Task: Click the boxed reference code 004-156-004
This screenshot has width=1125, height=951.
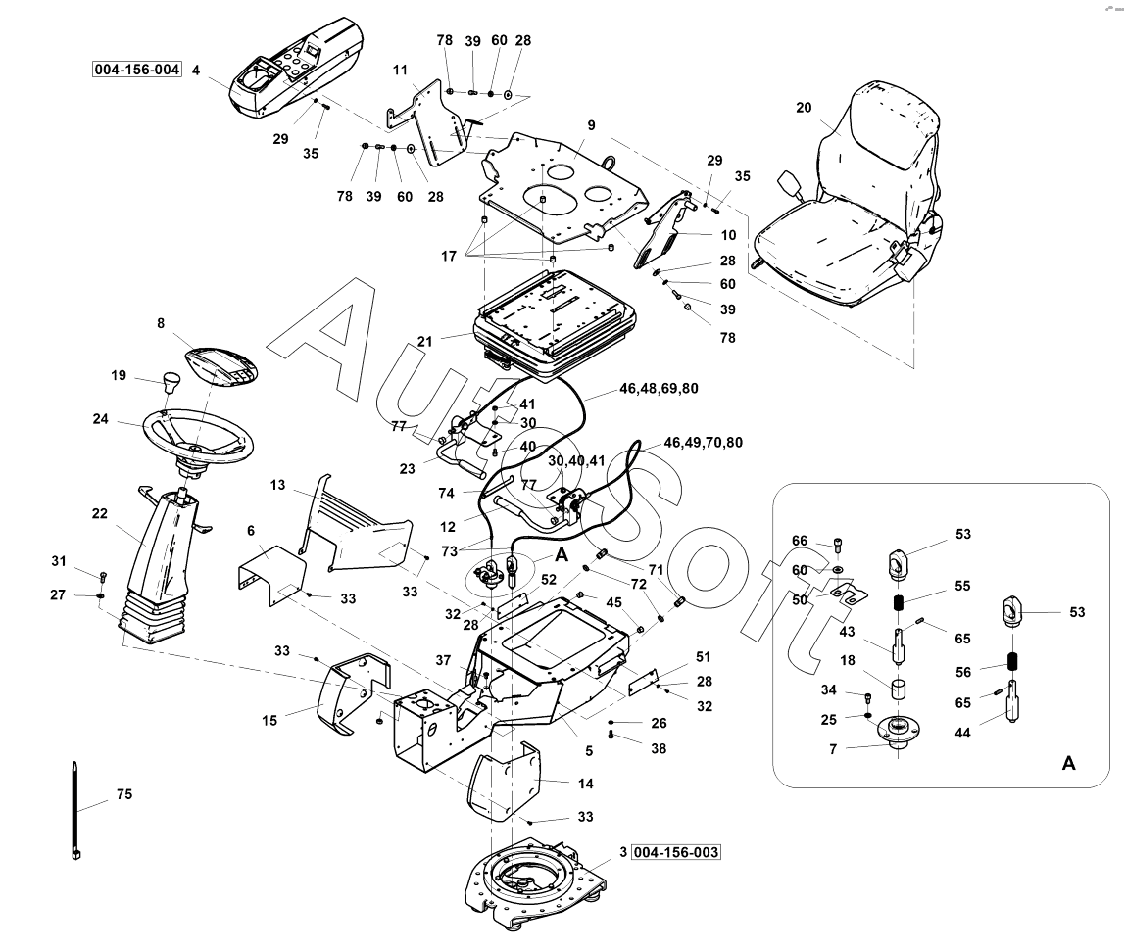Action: (x=137, y=70)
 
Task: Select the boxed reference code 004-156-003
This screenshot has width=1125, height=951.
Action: (x=676, y=852)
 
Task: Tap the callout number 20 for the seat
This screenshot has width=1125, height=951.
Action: (x=804, y=109)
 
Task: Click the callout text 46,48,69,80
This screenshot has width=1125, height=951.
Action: (x=659, y=389)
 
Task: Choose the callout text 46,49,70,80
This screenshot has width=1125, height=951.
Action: (x=703, y=443)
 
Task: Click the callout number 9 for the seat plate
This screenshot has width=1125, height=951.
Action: (x=592, y=125)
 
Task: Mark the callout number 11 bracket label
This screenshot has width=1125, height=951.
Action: (x=400, y=71)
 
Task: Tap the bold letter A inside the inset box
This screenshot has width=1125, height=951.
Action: (x=1068, y=763)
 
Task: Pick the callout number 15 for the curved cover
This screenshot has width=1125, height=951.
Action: (x=270, y=720)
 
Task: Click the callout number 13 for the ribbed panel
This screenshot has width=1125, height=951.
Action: (x=278, y=486)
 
